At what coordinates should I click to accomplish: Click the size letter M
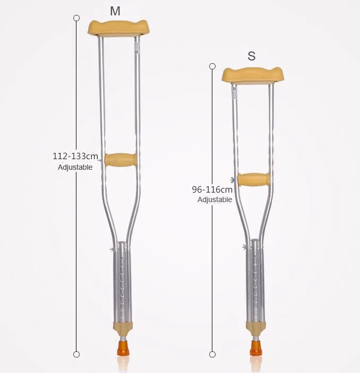[x=115, y=11]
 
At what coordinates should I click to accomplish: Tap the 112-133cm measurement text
[x=75, y=157]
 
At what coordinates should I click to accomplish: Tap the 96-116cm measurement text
[x=212, y=189]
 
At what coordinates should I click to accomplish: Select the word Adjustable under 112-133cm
[x=75, y=167]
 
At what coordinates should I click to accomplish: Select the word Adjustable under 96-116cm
[x=215, y=200]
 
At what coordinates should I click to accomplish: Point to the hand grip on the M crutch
[x=121, y=159]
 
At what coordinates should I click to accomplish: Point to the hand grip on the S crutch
[x=253, y=180]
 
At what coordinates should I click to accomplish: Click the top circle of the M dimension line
[x=76, y=18]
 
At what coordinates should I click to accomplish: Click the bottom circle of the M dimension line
[x=76, y=354]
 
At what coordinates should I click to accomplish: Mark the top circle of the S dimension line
[x=212, y=66]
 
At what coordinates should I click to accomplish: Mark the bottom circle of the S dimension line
[x=212, y=354]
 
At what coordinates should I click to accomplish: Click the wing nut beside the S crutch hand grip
[x=233, y=180]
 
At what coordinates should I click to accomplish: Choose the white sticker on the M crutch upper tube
[x=136, y=47]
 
